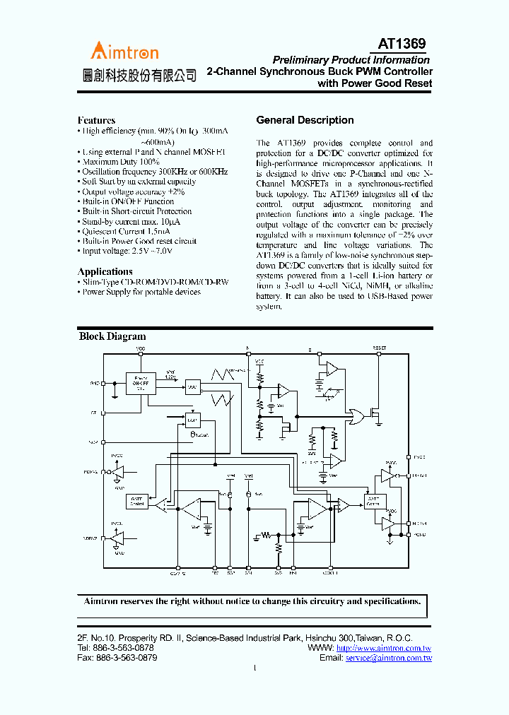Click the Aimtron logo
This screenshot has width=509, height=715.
124,51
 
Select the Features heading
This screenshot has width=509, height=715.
96,120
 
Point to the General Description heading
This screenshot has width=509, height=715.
305,120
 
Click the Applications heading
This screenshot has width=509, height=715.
105,271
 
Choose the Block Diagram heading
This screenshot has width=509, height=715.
112,336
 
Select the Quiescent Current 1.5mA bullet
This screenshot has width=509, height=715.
126,231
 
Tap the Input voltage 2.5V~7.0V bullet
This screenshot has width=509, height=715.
127,251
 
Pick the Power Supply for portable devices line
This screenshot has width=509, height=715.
141,292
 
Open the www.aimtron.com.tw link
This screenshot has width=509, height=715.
384,648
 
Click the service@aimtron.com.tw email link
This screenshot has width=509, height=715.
389,658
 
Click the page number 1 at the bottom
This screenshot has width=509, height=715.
255,668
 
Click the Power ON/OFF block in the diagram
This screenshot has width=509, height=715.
141,383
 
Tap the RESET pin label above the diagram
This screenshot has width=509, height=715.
380,348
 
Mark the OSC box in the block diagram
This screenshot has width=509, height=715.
192,386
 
